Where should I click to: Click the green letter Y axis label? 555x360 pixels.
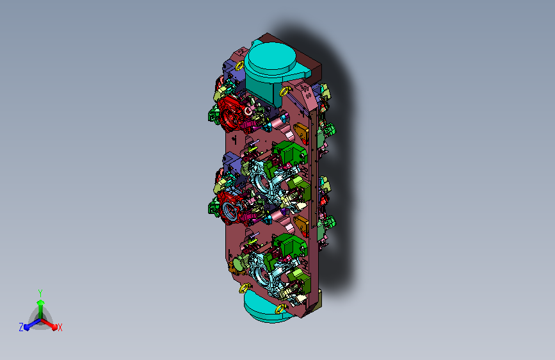(40, 293)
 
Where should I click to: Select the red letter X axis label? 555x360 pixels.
(60, 328)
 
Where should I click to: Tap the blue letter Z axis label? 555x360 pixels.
(21, 327)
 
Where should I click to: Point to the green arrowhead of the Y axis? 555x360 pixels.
(41, 302)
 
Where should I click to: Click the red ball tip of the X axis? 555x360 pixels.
(54, 327)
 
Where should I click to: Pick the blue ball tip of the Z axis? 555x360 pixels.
(26, 327)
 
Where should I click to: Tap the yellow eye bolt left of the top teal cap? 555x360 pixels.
(239, 66)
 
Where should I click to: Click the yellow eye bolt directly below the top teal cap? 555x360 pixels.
(284, 92)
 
